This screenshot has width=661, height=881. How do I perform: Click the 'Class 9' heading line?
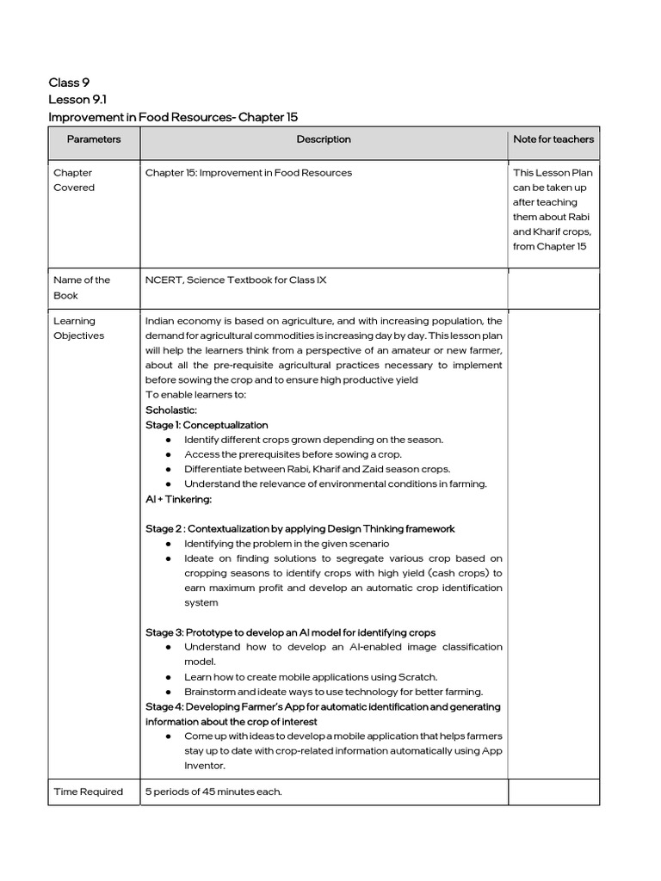point(69,83)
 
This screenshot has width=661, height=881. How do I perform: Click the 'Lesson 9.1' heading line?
point(77,100)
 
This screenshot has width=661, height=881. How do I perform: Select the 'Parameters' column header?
point(94,139)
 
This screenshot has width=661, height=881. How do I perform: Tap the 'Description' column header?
point(324,139)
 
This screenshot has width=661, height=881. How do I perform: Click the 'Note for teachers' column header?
point(553,139)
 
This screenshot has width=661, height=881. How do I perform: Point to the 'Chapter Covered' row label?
point(74,180)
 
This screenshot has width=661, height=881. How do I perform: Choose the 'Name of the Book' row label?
point(82,287)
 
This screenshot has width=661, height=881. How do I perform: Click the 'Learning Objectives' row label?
point(78,329)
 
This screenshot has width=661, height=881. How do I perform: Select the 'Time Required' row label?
point(88,792)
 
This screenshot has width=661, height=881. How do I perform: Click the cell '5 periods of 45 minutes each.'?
point(213,792)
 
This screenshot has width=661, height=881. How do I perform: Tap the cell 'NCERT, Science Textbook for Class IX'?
point(236,280)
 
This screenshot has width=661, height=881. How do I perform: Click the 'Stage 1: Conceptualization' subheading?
point(207,425)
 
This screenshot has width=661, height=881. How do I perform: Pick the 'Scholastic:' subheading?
point(171,410)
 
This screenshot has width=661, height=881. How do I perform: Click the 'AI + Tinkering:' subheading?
point(178,499)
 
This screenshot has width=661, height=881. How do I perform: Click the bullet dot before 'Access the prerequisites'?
point(168,454)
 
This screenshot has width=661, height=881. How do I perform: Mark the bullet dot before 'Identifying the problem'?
point(168,544)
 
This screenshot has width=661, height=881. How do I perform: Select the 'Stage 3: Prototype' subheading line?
point(290,632)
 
